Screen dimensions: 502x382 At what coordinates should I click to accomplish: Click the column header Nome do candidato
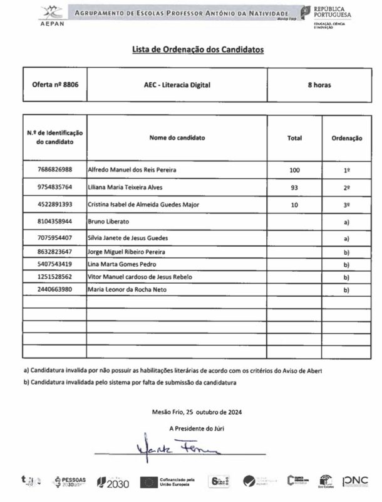[177, 137]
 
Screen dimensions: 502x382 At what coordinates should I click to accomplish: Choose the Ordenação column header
[346, 137]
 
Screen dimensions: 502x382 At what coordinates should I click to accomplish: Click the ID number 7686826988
[54, 170]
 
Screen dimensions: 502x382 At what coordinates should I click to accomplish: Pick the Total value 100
[295, 170]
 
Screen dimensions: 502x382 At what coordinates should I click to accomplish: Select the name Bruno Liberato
[108, 222]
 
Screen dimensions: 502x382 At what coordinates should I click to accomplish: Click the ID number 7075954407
[54, 238]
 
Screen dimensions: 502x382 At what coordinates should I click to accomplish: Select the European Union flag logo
[149, 482]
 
